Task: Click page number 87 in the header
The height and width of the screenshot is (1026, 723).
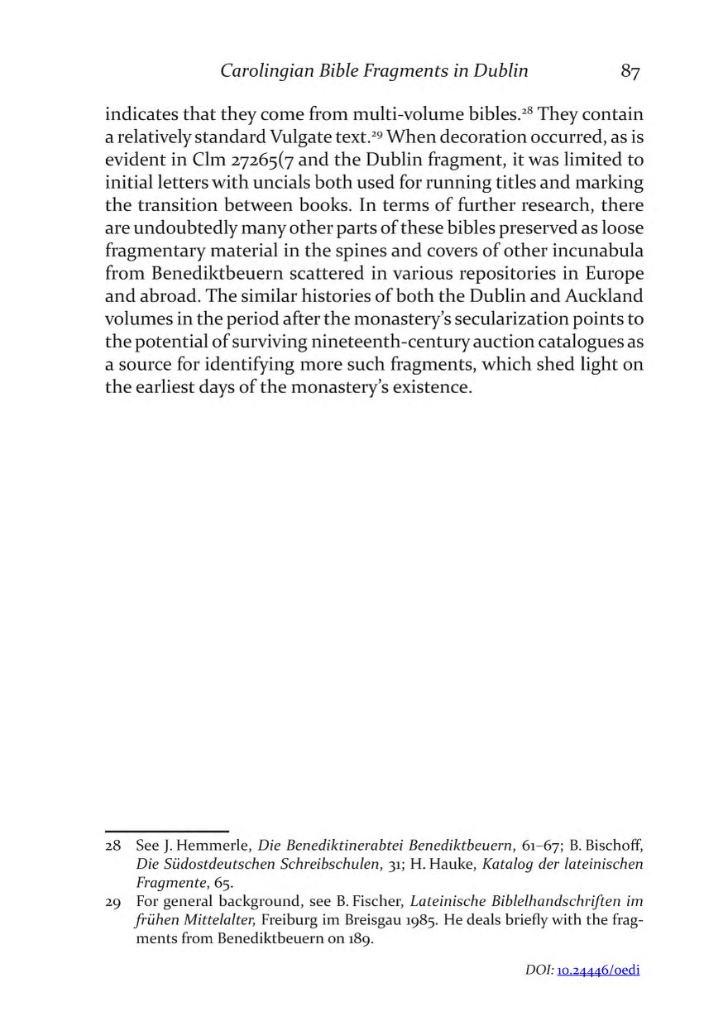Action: tap(630, 72)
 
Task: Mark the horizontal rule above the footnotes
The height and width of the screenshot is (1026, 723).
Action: tap(166, 830)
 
